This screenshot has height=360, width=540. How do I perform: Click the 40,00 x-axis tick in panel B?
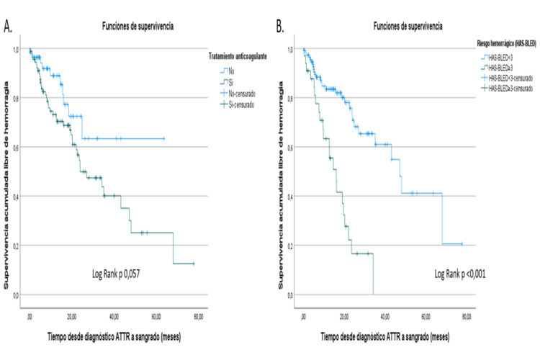[x=386, y=315]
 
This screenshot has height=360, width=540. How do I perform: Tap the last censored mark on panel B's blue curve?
[x=462, y=244]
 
